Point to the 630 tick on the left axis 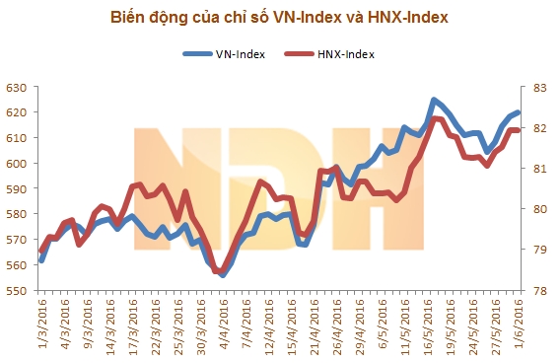17,89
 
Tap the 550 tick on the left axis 17,291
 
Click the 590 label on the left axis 17,189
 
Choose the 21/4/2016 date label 319,326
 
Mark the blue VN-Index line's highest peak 434,100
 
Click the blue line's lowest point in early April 223,275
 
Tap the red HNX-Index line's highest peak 435,118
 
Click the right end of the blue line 518,113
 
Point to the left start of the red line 40,251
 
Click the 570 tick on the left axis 17,241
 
